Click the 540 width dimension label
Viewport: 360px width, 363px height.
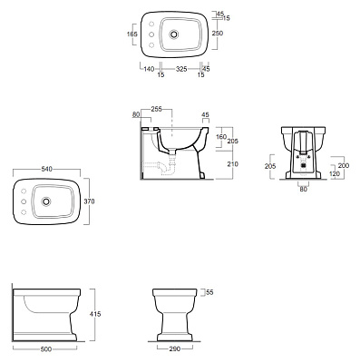[47, 169]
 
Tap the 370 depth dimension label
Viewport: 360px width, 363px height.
[89, 201]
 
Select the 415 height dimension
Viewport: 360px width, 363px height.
[95, 314]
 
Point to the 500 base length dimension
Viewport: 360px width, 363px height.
[46, 349]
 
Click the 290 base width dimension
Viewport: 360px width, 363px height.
[174, 349]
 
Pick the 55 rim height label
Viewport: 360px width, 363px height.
[209, 292]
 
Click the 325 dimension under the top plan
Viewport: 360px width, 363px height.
[181, 69]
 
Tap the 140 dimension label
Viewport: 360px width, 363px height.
[149, 69]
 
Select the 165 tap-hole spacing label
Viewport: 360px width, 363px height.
[132, 34]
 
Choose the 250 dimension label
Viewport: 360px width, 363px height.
[218, 34]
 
